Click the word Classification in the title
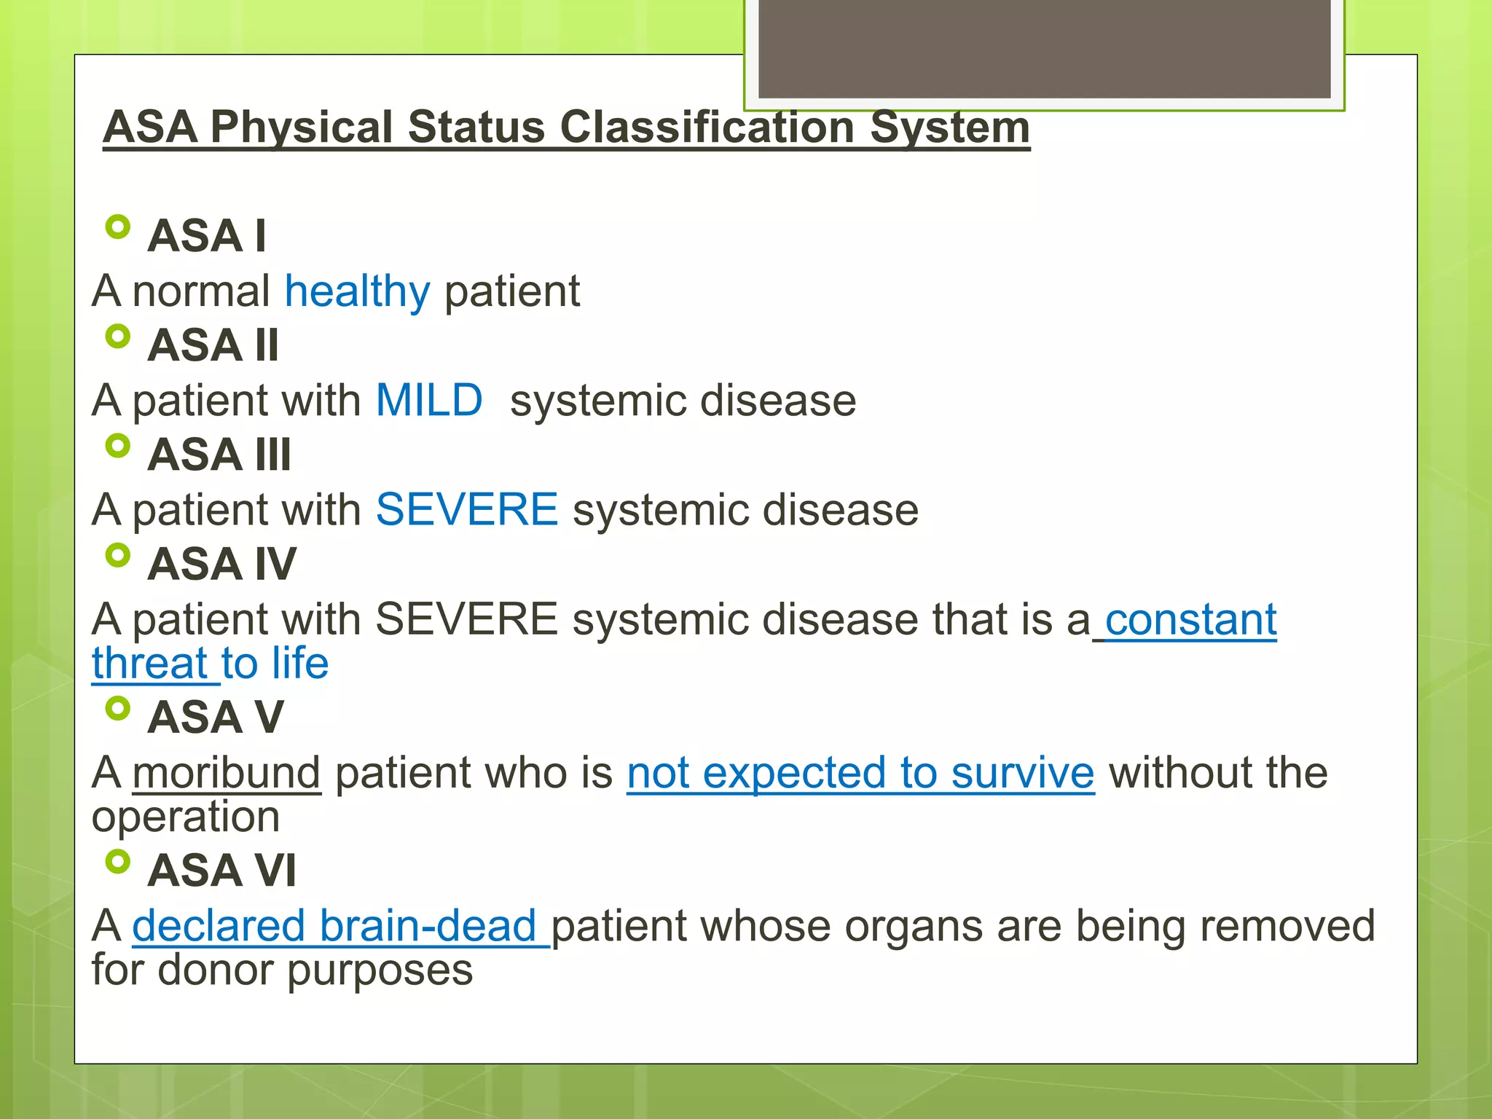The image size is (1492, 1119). pos(707,127)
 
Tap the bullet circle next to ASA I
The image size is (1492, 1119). pos(117,227)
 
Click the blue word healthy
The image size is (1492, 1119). pos(357,291)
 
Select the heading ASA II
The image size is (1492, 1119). pos(213,345)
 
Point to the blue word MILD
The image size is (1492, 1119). pos(428,401)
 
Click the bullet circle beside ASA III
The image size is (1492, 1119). pos(117,446)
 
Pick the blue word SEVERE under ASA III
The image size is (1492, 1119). pos(466,509)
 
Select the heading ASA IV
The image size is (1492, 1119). pos(221,564)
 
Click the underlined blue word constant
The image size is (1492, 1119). pos(1190,620)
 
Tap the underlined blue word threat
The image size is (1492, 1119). pos(150,664)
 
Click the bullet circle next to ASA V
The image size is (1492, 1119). pos(117,708)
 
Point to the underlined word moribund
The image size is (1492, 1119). pos(227,773)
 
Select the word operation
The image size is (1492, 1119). pos(186,817)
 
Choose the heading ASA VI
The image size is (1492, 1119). pos(221,870)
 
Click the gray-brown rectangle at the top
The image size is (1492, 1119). pos(1044,48)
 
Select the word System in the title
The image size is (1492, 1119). pos(950,127)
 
